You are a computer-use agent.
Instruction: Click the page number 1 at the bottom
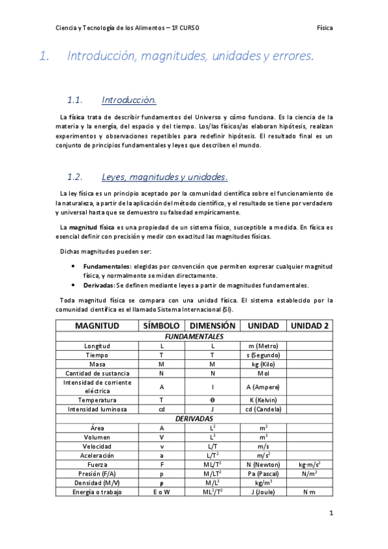[x=330, y=513]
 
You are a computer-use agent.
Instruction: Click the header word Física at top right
[x=325, y=28]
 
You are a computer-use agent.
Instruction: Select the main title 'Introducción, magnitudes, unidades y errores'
[x=190, y=57]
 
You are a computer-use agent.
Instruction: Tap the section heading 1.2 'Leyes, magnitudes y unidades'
[x=165, y=177]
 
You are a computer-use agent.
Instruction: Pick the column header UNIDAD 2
[x=309, y=325]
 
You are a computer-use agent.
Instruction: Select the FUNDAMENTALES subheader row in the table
[x=194, y=337]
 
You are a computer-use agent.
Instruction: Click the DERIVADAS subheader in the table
[x=194, y=418]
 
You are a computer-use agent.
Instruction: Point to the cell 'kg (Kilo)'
[x=263, y=364]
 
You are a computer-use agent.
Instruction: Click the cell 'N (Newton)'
[x=263, y=465]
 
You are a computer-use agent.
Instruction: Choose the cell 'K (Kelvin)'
[x=263, y=400]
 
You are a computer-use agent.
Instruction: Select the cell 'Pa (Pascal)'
[x=263, y=474]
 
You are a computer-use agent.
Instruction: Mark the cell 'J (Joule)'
[x=263, y=492]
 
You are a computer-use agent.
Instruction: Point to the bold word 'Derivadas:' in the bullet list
[x=99, y=285]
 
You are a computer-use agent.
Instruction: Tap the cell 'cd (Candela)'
[x=263, y=409]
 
